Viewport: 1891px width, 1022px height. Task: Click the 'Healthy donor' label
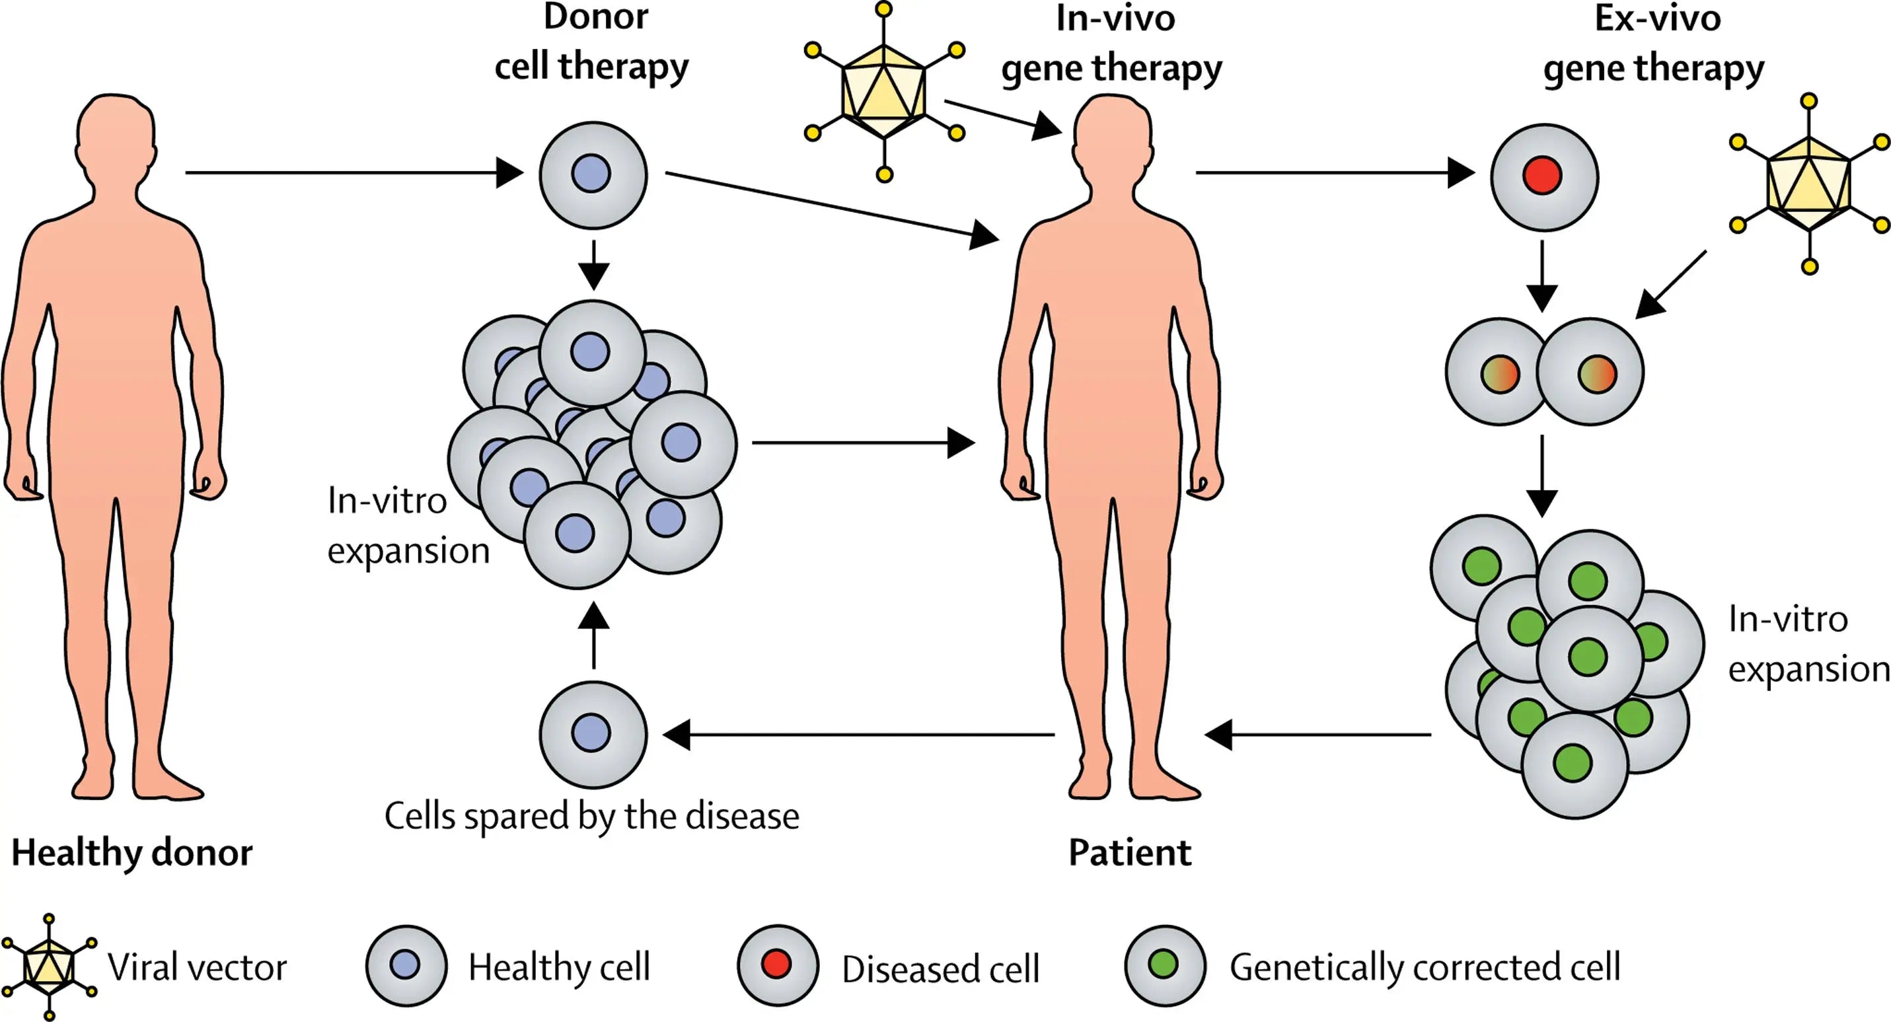tap(132, 852)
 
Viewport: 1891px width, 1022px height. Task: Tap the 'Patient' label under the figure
tap(1129, 852)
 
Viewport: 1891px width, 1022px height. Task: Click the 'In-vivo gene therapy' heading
tap(1112, 42)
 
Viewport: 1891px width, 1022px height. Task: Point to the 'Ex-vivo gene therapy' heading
tap(1654, 42)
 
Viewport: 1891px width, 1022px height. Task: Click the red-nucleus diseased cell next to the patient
tap(1543, 177)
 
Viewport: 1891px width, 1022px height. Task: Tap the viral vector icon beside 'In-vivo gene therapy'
tap(884, 92)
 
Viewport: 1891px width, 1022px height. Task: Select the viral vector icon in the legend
tap(48, 967)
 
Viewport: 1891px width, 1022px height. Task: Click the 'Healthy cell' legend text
tap(560, 967)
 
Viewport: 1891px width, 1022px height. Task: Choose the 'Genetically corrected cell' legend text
tap(1424, 967)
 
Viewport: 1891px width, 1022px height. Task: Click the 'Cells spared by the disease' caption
tap(591, 816)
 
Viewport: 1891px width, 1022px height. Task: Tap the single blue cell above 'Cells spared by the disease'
tap(593, 733)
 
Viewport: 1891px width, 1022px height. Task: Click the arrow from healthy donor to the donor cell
tap(352, 173)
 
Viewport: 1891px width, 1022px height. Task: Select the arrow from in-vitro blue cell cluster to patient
tap(862, 443)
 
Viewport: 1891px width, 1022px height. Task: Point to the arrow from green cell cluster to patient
tap(1317, 734)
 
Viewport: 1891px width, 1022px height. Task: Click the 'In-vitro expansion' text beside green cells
tap(1807, 644)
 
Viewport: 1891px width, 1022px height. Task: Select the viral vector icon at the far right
tap(1809, 184)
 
